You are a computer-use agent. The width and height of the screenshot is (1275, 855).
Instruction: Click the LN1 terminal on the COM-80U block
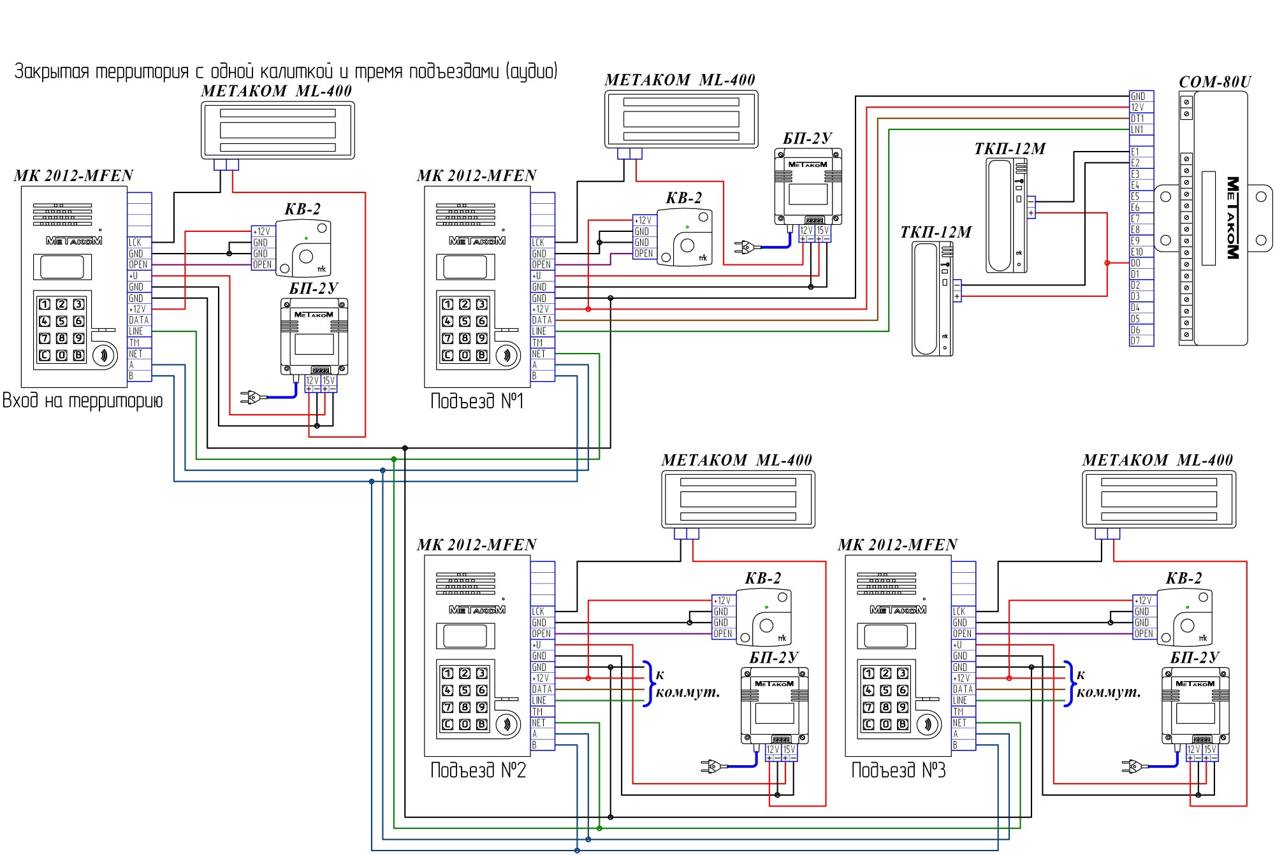1140,129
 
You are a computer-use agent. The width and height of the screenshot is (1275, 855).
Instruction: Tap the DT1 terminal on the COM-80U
1140,119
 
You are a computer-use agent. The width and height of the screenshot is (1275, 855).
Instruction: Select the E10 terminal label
1140,252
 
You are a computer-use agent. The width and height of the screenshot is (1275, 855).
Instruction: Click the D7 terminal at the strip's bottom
1140,341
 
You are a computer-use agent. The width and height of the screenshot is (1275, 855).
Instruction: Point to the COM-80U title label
1215,82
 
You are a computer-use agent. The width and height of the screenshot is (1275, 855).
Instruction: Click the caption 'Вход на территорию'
83,401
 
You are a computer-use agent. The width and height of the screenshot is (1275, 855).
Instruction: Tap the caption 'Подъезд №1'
477,401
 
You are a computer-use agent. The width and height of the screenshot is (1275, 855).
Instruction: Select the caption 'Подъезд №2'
478,770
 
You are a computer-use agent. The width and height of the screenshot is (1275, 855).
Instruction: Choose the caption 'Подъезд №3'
899,770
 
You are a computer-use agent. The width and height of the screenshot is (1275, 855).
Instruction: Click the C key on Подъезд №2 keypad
448,724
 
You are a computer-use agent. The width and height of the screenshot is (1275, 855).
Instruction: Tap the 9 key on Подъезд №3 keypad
903,707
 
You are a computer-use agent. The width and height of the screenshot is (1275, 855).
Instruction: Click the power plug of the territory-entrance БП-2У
249,398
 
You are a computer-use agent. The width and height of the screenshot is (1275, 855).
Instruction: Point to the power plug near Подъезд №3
1131,766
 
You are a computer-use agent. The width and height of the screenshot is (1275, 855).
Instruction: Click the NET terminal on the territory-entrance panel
140,354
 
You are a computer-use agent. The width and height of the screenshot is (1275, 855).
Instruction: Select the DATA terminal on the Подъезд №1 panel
543,320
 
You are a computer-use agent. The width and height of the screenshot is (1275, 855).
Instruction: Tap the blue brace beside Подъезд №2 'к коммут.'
648,684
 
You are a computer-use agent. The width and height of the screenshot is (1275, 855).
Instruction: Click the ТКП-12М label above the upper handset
1010,149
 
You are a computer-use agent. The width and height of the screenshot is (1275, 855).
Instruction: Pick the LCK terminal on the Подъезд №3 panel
963,612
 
